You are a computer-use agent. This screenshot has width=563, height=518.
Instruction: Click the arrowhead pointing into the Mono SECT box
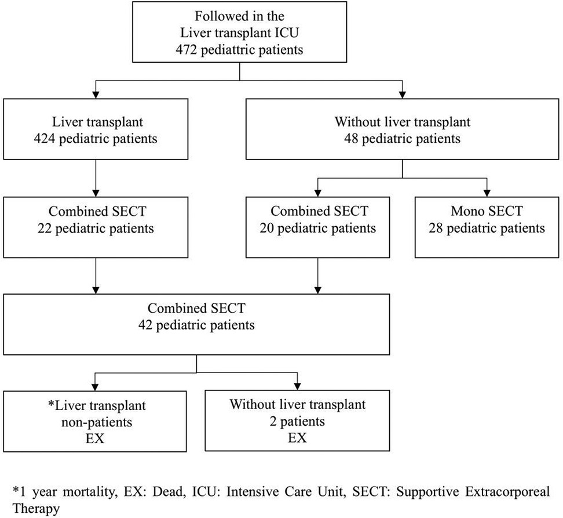pos(488,193)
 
